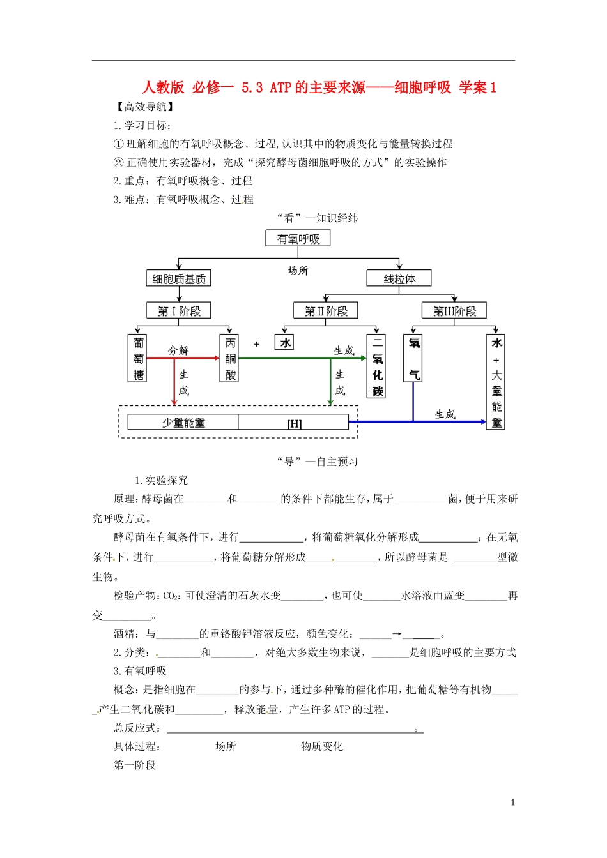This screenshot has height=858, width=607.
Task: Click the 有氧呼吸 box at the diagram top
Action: pos(298,239)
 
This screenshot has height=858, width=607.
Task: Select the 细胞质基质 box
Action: pos(178,278)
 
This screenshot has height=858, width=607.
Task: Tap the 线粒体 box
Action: pos(399,278)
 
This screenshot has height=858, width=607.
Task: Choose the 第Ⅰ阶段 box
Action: pos(178,311)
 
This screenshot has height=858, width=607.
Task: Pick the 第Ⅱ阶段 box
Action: pos(326,311)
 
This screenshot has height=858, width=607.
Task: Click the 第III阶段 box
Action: pos(454,311)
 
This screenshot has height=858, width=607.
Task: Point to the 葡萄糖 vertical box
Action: pos(139,358)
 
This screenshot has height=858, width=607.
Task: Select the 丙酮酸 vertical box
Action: pos(230,358)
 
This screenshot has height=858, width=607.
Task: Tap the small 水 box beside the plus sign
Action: pos(285,343)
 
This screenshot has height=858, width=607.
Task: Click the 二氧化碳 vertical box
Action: pos(378,366)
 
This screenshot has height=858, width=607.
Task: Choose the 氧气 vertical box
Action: pos(413,358)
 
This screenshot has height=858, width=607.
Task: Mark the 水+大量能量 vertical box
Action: pos(496,381)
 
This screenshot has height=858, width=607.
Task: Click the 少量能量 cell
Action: pos(183,423)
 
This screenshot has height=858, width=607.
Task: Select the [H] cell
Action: pos(294,423)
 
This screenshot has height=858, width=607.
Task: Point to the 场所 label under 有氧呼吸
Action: pos(298,271)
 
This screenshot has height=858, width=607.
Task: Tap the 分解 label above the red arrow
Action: pos(178,350)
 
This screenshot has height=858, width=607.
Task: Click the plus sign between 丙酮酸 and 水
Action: pos(256,344)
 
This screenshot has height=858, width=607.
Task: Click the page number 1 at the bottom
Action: pos(513,802)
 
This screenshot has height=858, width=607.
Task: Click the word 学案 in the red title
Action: pos(473,87)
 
